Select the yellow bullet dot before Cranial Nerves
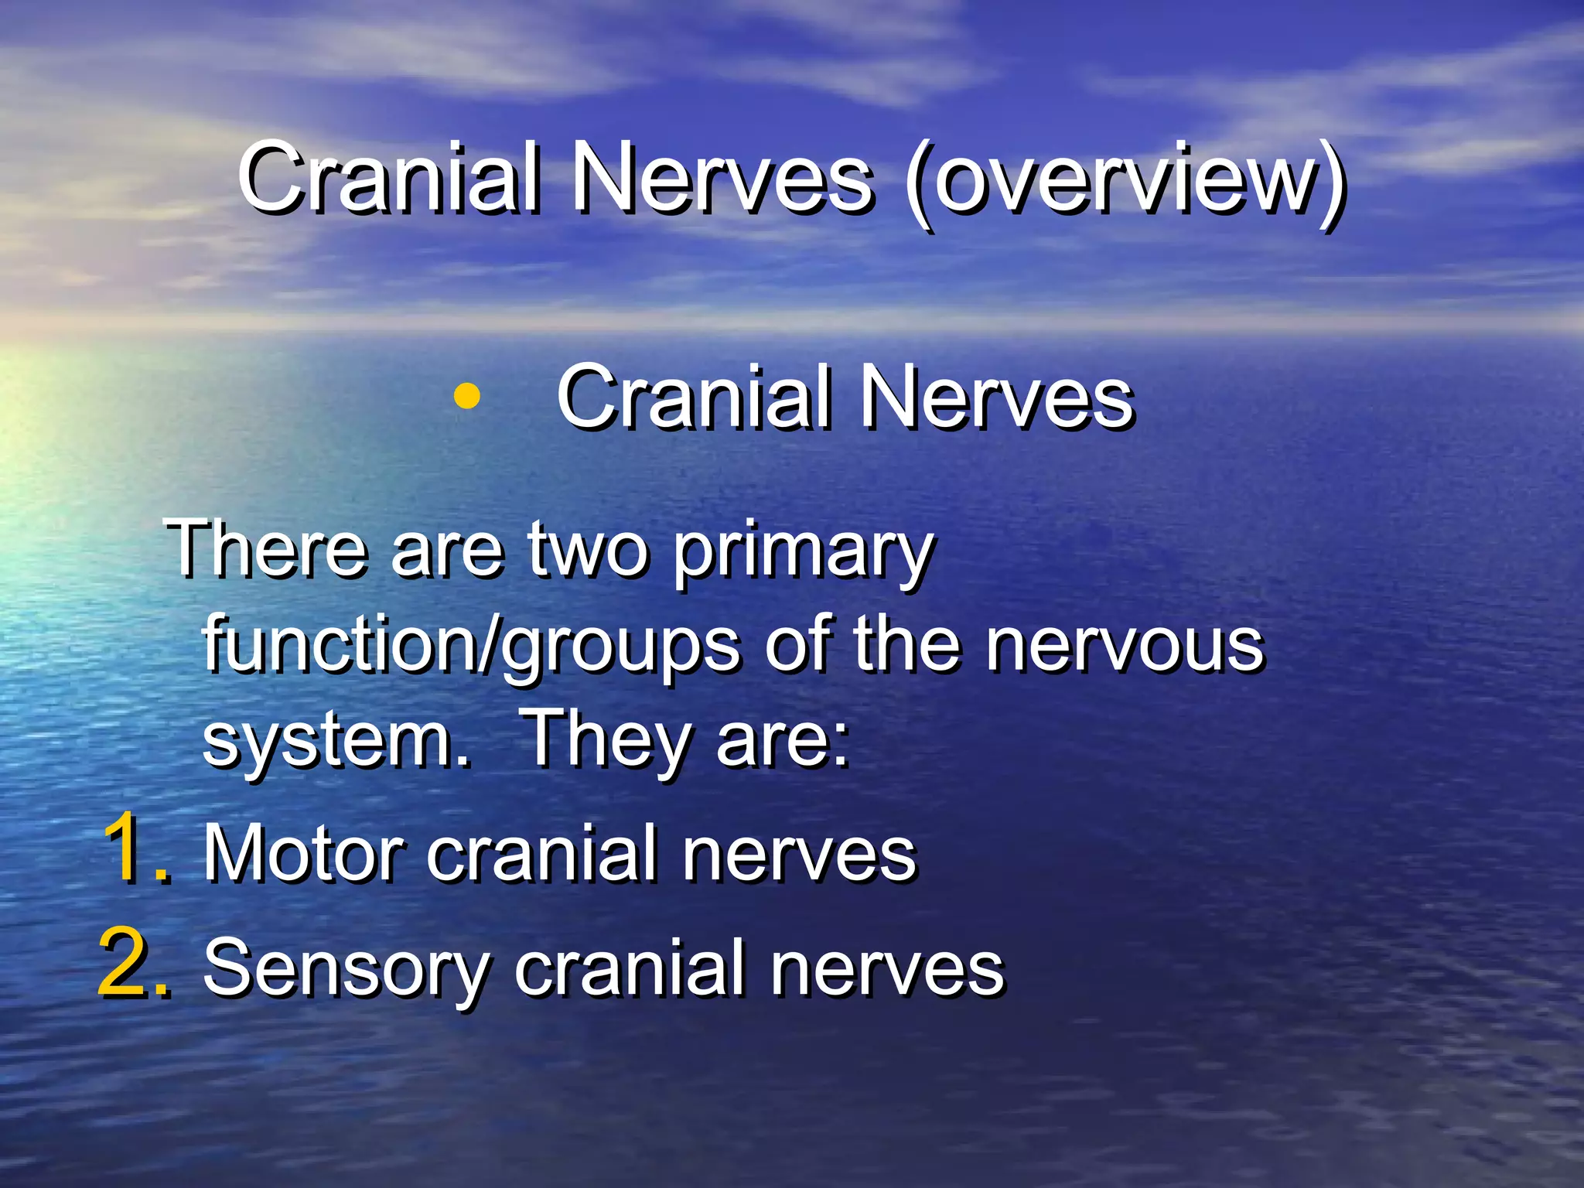click(466, 398)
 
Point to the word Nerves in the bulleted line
click(998, 398)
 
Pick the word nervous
click(1125, 647)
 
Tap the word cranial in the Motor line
click(541, 854)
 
